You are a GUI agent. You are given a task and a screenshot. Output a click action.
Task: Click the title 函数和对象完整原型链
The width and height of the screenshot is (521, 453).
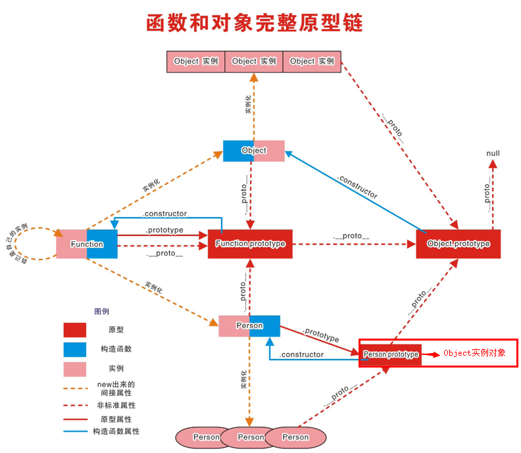click(254, 23)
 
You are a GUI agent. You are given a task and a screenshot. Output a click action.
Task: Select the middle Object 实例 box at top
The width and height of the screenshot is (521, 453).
click(254, 61)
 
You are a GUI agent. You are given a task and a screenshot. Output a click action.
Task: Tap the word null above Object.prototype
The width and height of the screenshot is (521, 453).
click(493, 153)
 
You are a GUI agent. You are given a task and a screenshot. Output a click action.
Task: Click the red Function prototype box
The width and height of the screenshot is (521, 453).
click(250, 244)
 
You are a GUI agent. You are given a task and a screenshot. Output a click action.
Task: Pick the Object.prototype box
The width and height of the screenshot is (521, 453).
click(459, 244)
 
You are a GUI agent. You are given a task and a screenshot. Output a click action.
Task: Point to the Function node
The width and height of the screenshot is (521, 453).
click(87, 244)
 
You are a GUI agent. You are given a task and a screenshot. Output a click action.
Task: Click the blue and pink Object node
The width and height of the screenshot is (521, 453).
click(254, 151)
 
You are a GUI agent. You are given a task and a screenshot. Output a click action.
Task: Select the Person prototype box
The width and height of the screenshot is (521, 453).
click(391, 354)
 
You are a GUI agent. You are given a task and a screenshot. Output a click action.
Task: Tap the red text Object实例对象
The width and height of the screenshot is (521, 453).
click(474, 353)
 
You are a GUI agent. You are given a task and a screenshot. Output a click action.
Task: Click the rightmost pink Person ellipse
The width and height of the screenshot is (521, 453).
click(295, 437)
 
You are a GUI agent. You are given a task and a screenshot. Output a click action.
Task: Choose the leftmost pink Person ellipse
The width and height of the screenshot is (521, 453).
click(206, 437)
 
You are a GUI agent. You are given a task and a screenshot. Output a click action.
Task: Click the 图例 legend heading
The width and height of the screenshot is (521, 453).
click(101, 311)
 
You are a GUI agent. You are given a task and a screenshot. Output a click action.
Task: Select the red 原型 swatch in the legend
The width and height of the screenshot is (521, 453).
click(75, 330)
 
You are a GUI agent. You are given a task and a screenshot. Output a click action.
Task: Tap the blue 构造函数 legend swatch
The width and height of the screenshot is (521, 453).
click(75, 349)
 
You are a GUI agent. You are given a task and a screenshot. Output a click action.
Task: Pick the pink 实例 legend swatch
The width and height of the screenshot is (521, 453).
click(75, 368)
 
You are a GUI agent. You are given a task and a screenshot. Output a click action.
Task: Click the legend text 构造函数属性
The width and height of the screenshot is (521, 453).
click(116, 432)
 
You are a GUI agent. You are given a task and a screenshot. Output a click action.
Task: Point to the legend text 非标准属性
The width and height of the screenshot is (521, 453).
click(116, 406)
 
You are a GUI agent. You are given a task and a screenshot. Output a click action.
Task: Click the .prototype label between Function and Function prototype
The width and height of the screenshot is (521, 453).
click(164, 231)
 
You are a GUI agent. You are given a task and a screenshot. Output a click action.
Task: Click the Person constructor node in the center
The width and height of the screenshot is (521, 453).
click(250, 326)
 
